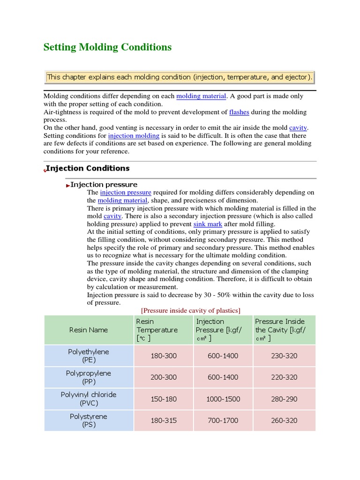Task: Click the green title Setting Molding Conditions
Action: click(x=107, y=47)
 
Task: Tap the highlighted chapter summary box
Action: click(x=180, y=77)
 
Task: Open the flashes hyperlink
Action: click(x=239, y=112)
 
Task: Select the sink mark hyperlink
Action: click(x=208, y=224)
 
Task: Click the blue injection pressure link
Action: click(x=126, y=192)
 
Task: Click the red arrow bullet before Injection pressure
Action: click(x=67, y=185)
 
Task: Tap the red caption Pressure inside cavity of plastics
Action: click(x=191, y=310)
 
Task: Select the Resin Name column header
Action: click(x=89, y=330)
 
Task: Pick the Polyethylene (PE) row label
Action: click(x=89, y=356)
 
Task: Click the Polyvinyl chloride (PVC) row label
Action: click(x=89, y=399)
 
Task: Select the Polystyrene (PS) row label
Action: click(x=89, y=420)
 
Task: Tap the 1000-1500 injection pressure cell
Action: click(x=223, y=399)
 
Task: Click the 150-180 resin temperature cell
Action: click(x=163, y=399)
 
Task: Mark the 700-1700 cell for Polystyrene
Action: click(x=223, y=420)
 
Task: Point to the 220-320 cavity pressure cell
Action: click(x=284, y=377)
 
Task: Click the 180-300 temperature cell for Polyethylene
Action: click(x=163, y=356)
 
